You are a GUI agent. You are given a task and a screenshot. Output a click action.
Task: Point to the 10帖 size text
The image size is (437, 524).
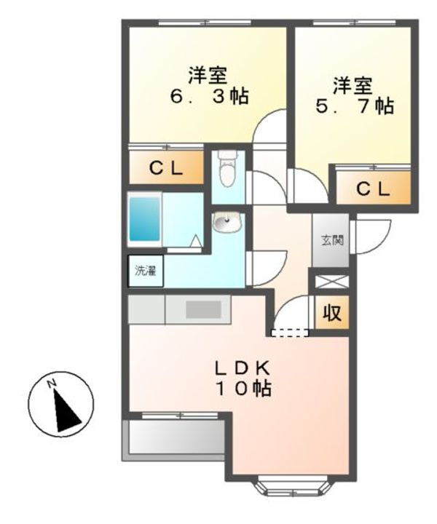click(242, 389)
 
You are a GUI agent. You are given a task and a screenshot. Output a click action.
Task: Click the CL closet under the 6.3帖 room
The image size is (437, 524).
click(166, 168)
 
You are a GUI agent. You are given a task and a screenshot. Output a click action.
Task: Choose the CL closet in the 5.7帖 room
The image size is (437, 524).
click(373, 188)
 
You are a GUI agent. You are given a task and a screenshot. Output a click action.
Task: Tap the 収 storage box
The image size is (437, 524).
click(331, 314)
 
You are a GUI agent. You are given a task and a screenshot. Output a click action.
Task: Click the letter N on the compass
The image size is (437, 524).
click(52, 384)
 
